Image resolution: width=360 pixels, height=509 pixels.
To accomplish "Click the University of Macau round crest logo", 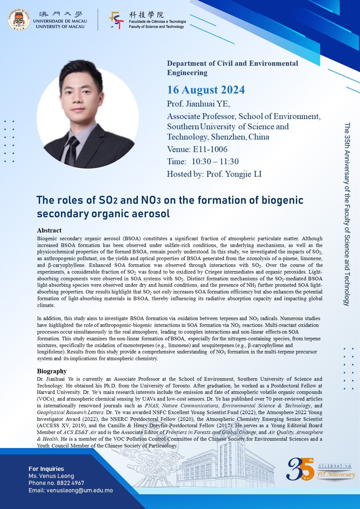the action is [x=19, y=20].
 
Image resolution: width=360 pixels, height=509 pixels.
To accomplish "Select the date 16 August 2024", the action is [x=206, y=90].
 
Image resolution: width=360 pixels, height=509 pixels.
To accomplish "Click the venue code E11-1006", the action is [x=210, y=149].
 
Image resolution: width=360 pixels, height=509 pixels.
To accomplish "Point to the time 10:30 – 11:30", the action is [x=215, y=162].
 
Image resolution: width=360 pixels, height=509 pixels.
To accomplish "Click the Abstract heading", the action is [x=49, y=230].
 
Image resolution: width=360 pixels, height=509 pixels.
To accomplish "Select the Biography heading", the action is [x=52, y=371].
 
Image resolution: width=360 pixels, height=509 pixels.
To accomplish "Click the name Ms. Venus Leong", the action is [x=51, y=476].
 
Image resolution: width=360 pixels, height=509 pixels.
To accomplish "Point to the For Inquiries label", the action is [x=46, y=469].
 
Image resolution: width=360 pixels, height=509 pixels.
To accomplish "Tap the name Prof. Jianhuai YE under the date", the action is [x=198, y=104].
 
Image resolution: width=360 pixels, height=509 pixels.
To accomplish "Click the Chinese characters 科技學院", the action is [x=146, y=15].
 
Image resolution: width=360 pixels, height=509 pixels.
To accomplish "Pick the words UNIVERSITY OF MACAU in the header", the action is [x=60, y=27].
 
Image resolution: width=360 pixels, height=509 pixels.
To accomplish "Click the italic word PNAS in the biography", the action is [x=152, y=406].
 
